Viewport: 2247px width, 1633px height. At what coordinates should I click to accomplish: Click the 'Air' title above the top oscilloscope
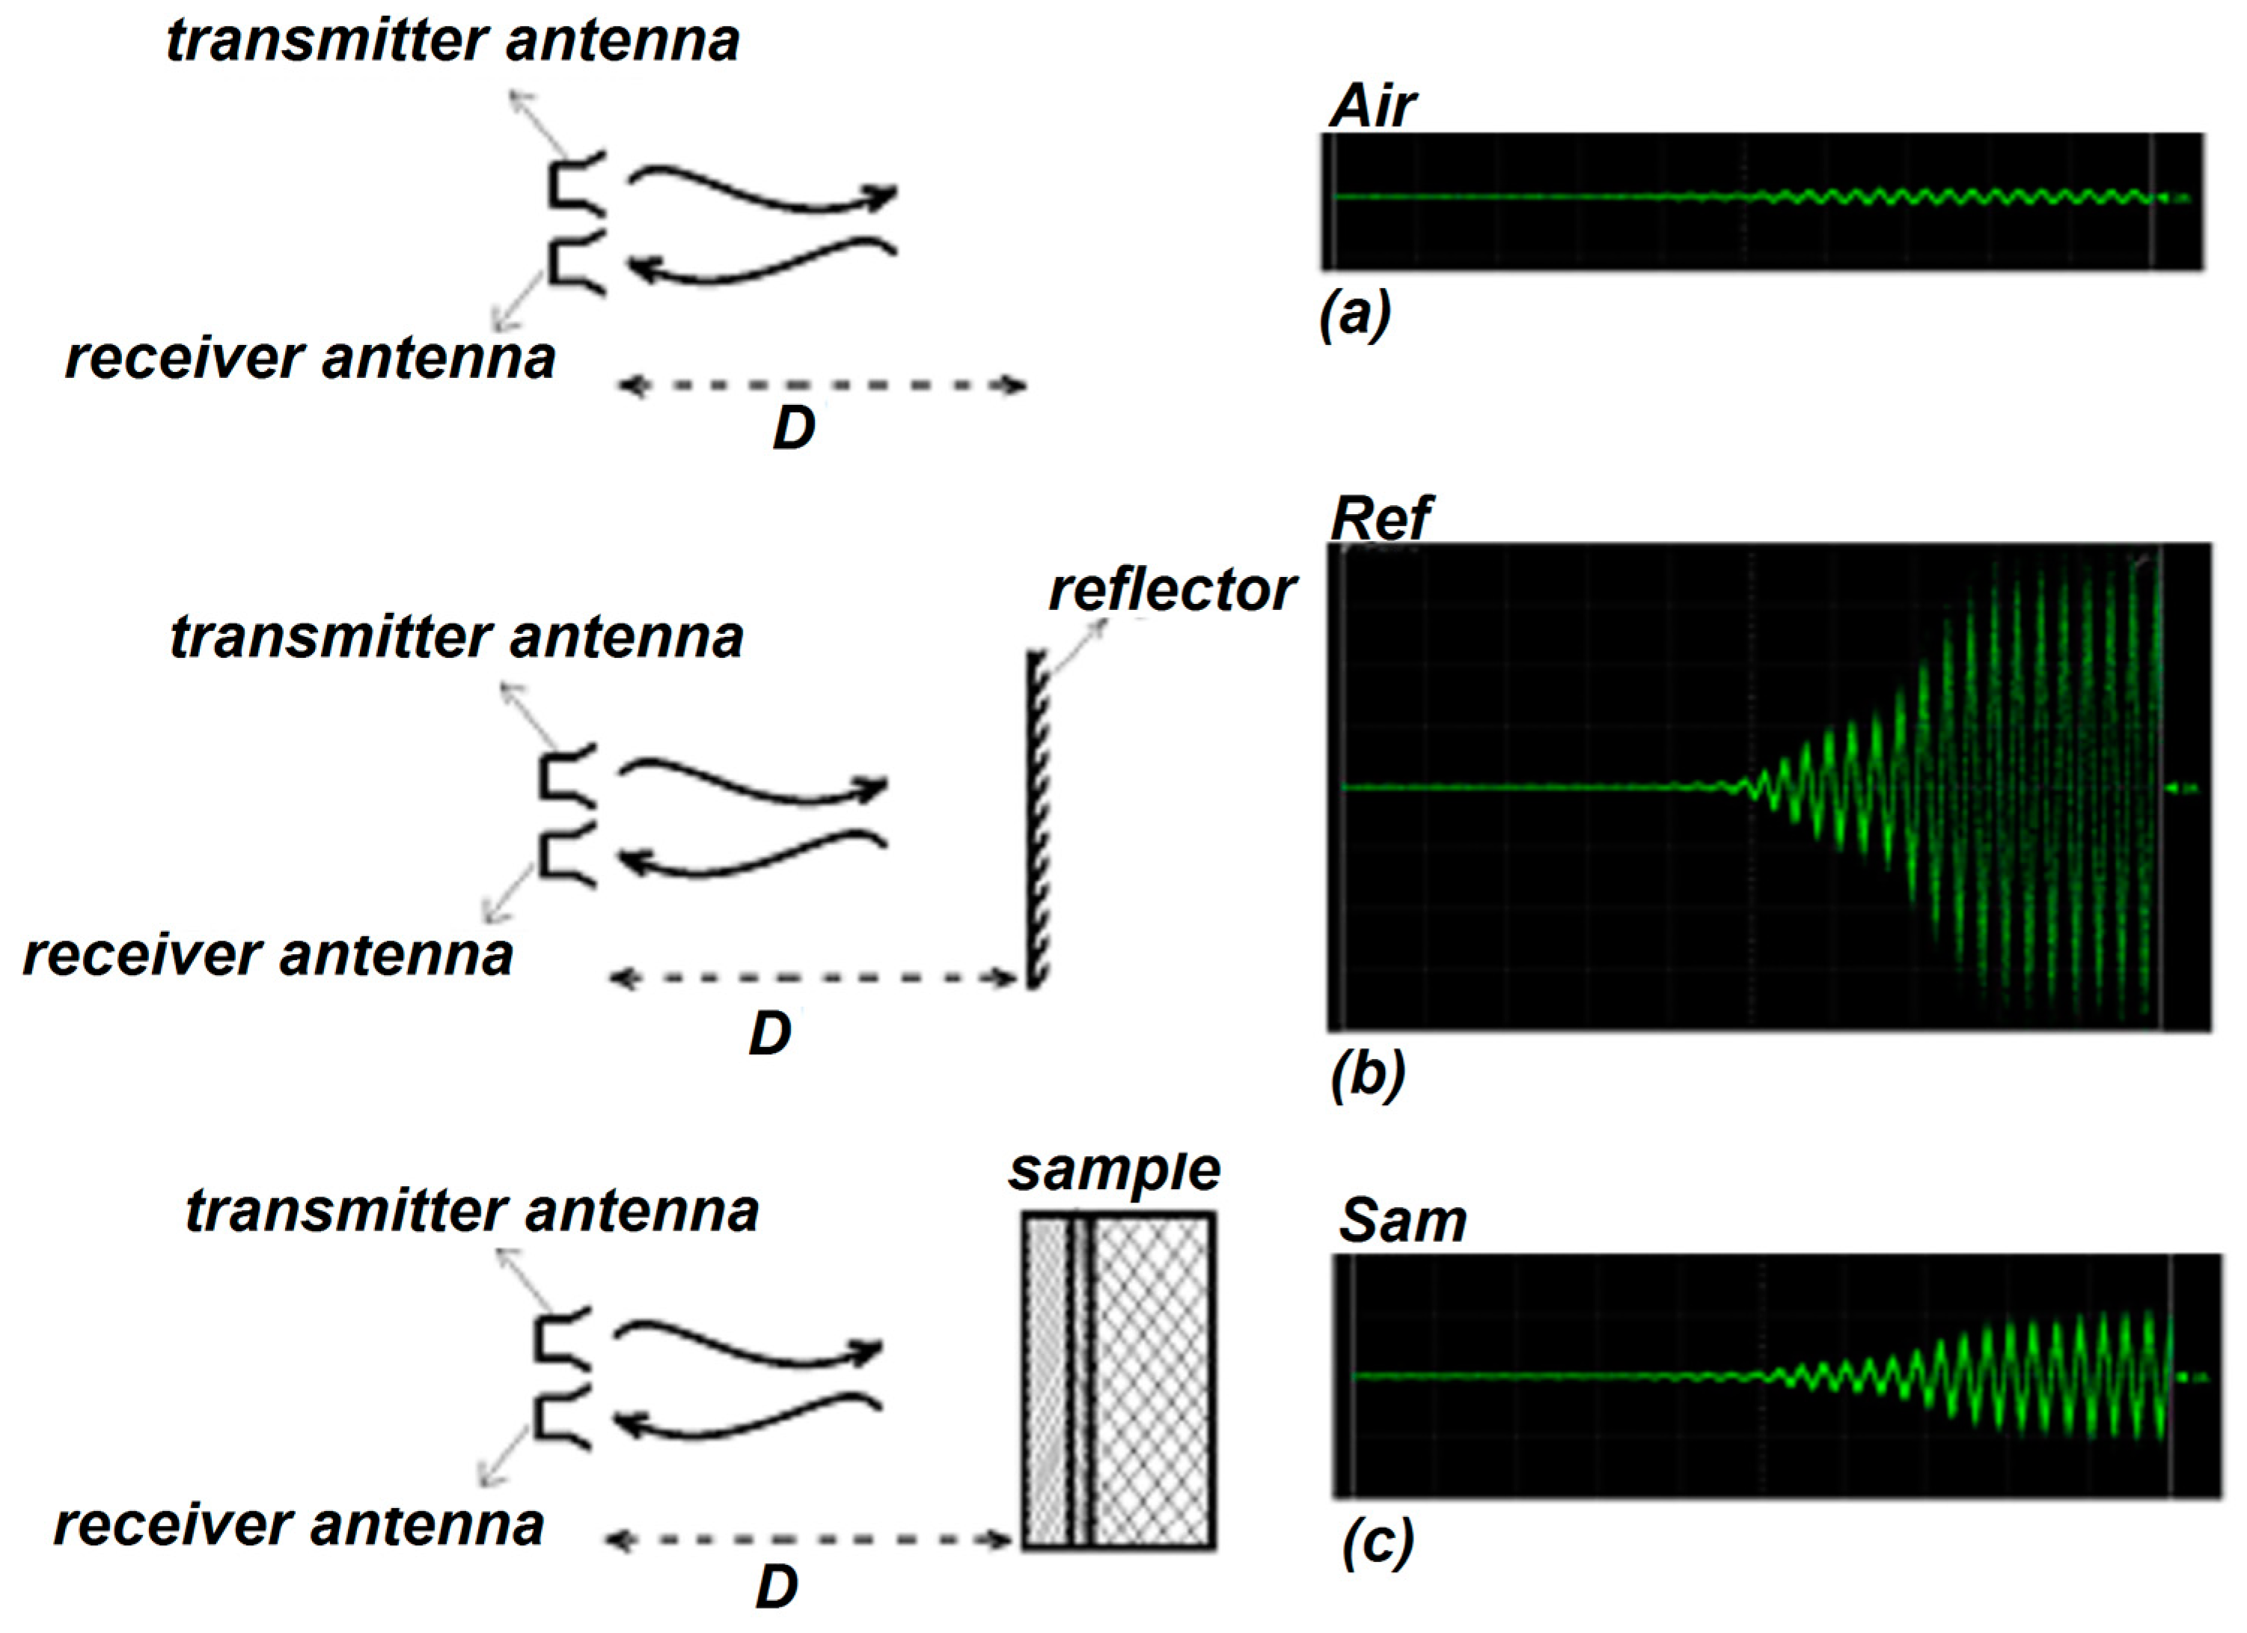click(x=1372, y=106)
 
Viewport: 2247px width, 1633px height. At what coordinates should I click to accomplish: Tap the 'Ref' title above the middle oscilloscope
click(x=1380, y=517)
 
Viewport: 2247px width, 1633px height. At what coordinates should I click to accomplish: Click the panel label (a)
click(x=1355, y=314)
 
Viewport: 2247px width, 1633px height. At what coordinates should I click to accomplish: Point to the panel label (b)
click(x=1367, y=1073)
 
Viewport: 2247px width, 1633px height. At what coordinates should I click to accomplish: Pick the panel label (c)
click(x=1377, y=1542)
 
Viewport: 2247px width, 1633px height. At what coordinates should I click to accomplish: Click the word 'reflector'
click(x=1172, y=590)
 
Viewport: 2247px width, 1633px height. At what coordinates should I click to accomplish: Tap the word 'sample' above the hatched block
click(x=1115, y=1170)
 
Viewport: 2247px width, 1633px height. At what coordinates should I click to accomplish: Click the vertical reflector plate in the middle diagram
click(x=1036, y=817)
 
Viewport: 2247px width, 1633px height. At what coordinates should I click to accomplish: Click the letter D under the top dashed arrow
click(x=794, y=428)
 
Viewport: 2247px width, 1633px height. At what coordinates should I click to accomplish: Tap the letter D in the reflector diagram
click(x=770, y=1034)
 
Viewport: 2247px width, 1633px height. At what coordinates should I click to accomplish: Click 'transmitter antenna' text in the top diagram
click(x=453, y=42)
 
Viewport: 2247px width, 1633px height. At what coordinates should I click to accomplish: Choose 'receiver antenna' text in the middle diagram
click(x=268, y=955)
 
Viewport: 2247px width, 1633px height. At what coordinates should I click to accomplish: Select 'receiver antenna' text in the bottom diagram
click(x=299, y=1524)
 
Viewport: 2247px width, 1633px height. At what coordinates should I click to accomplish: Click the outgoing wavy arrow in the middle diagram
click(x=753, y=781)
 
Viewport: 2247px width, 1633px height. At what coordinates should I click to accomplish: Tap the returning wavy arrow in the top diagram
click(x=763, y=260)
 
